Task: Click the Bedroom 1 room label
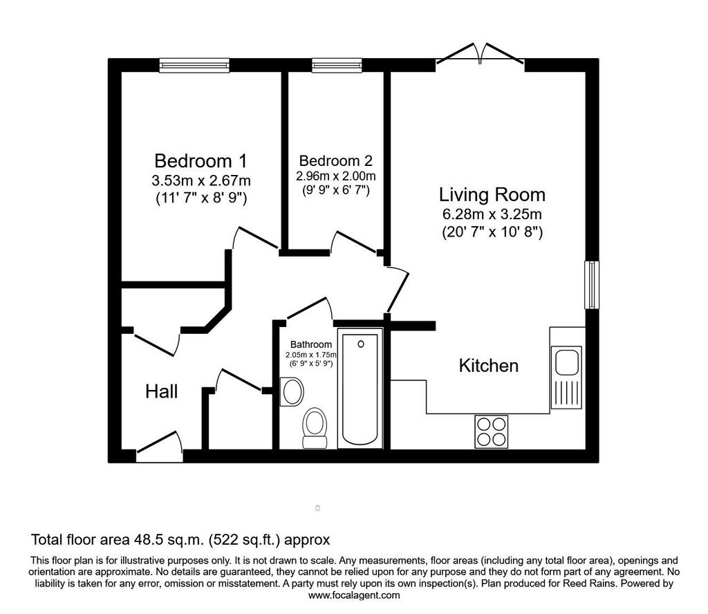click(x=201, y=160)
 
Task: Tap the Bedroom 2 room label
click(x=336, y=160)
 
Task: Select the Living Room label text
click(x=492, y=194)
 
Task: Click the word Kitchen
click(x=489, y=365)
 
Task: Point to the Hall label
click(x=161, y=391)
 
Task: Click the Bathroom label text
click(x=310, y=344)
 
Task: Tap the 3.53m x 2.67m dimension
click(x=201, y=180)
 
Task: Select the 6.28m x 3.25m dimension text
click(x=492, y=214)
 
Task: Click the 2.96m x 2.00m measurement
click(x=336, y=176)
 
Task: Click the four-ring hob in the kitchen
click(x=492, y=431)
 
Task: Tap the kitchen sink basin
click(x=567, y=362)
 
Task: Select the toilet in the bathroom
click(x=315, y=428)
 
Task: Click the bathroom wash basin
click(x=292, y=391)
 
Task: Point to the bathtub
click(x=360, y=389)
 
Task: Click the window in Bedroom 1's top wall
click(x=194, y=66)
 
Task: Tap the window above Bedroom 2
click(x=337, y=66)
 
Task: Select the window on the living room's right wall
click(x=592, y=285)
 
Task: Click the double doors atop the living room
click(x=480, y=54)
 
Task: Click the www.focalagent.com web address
click(x=354, y=595)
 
